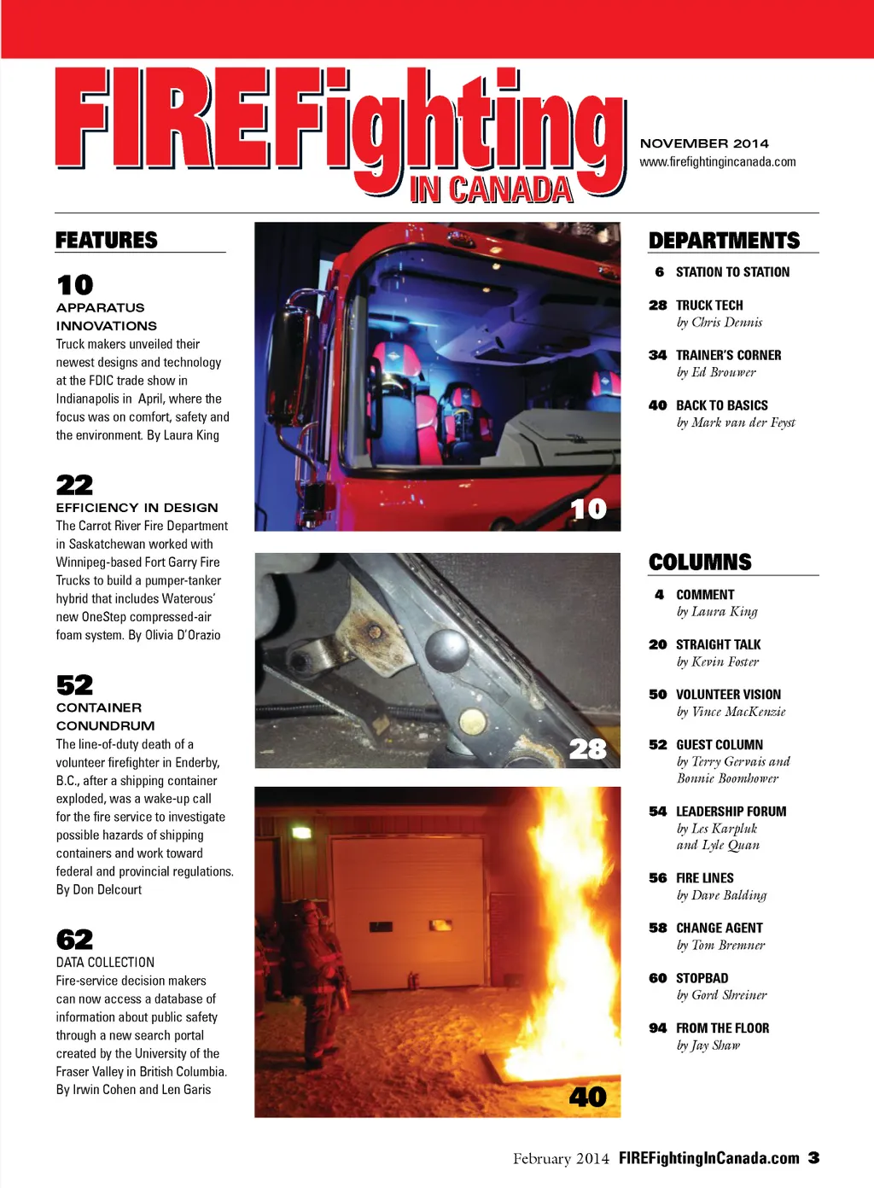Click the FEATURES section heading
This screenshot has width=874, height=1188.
pyautogui.click(x=107, y=240)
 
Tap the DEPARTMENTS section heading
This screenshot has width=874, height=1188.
pyautogui.click(x=724, y=241)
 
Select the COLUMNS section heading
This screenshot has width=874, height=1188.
pyautogui.click(x=700, y=562)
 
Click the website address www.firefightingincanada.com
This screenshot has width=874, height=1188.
pyautogui.click(x=718, y=161)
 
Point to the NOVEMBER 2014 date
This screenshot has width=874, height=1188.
pyautogui.click(x=704, y=143)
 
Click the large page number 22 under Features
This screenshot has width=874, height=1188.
pyautogui.click(x=74, y=485)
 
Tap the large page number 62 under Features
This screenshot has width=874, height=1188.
pyautogui.click(x=74, y=940)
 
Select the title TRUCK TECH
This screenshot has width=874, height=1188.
pyautogui.click(x=709, y=305)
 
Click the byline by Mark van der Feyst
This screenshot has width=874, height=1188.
pyautogui.click(x=735, y=422)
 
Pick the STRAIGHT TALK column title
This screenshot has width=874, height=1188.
pyautogui.click(x=718, y=644)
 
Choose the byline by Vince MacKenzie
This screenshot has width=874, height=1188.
pyautogui.click(x=731, y=712)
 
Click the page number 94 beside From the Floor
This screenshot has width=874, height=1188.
pyautogui.click(x=657, y=1028)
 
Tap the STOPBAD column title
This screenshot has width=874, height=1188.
pyautogui.click(x=702, y=978)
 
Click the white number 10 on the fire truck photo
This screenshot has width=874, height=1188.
pyautogui.click(x=588, y=509)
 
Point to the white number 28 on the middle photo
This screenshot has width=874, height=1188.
pyautogui.click(x=588, y=748)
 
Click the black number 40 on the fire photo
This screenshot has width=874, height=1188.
pyautogui.click(x=588, y=1097)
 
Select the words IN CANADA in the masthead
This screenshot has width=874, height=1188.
pyautogui.click(x=491, y=189)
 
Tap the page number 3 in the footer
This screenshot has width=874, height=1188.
pyautogui.click(x=814, y=1157)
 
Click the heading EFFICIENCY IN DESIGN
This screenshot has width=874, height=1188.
pyautogui.click(x=137, y=507)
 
